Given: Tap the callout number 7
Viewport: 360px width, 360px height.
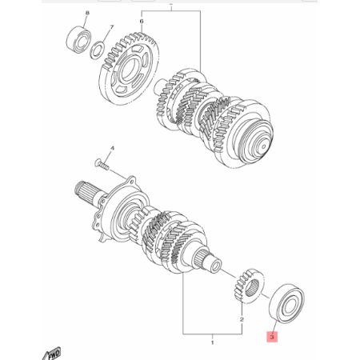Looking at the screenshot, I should [x=112, y=28].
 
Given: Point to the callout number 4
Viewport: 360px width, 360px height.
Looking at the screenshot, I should [x=112, y=149].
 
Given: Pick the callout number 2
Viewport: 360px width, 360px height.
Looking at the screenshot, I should [x=240, y=318].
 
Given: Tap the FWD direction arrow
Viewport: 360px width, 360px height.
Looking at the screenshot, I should [x=76, y=350].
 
